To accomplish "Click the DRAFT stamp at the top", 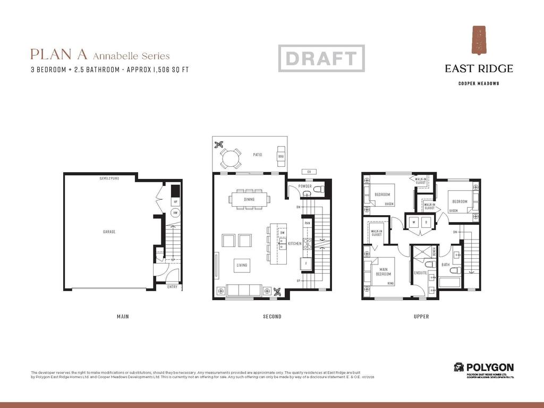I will pyautogui.click(x=321, y=58).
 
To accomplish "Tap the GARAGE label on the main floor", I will pyautogui.click(x=109, y=232).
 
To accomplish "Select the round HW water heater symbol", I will pyautogui.click(x=175, y=212).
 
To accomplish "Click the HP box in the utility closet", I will pyautogui.click(x=175, y=202).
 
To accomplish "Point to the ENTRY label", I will pyautogui.click(x=172, y=287).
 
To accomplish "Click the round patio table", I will pyautogui.click(x=231, y=157).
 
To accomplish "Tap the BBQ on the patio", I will pyautogui.click(x=281, y=157).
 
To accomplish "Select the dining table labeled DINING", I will pyautogui.click(x=249, y=200).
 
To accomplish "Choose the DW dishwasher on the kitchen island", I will pyautogui.click(x=283, y=232).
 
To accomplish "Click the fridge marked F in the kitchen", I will pyautogui.click(x=307, y=263).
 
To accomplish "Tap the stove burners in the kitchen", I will pyautogui.click(x=307, y=244).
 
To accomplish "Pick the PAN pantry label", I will pyautogui.click(x=307, y=224).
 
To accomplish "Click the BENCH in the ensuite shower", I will pyautogui.click(x=434, y=251).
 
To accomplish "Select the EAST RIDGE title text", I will pyautogui.click(x=479, y=69).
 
